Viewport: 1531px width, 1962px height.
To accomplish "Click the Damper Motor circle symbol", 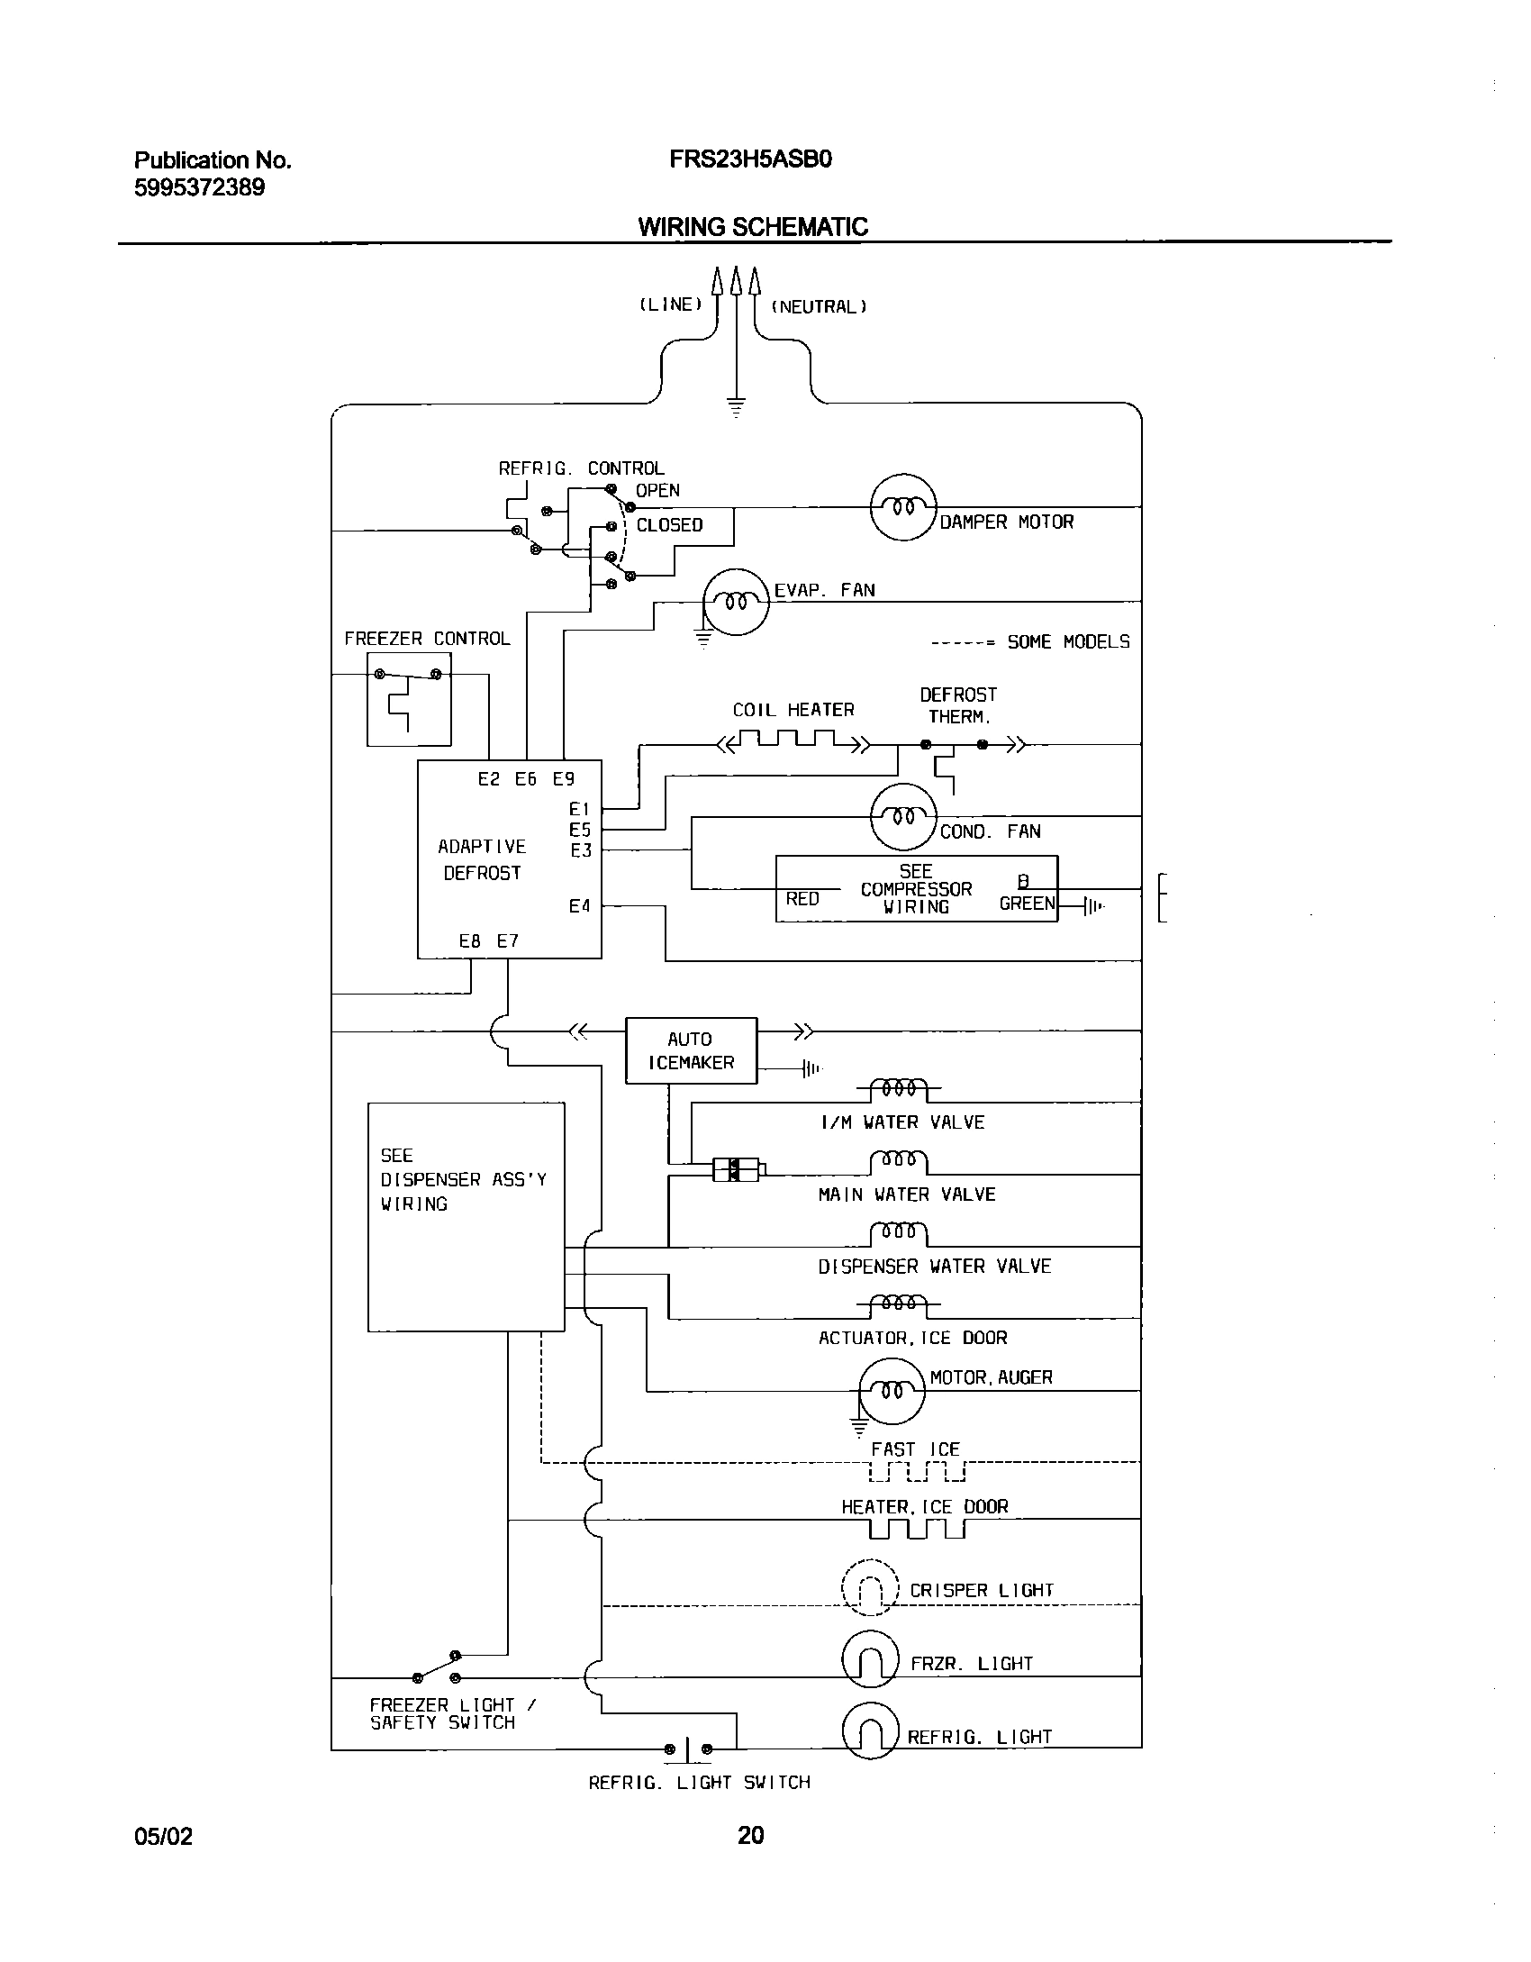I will click(x=903, y=507).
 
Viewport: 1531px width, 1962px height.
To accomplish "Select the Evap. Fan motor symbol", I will click(x=736, y=602).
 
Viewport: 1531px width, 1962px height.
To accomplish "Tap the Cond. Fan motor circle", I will click(x=903, y=817).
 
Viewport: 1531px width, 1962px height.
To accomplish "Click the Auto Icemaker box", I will click(x=691, y=1050).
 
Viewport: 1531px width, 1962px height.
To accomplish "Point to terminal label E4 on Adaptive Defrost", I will click(x=579, y=906).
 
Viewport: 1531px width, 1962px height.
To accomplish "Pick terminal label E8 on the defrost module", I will click(x=469, y=941).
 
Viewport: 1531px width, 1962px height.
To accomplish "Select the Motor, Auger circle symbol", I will click(x=892, y=1390).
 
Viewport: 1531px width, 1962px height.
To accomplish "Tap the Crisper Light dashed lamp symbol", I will click(x=870, y=1589).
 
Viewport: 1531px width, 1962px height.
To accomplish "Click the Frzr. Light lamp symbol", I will click(x=870, y=1660).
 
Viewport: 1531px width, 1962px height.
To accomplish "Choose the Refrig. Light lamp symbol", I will click(x=870, y=1730).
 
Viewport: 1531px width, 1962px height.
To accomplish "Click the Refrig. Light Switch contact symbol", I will click(x=687, y=1749).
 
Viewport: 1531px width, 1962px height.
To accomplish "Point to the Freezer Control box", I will click(x=409, y=699).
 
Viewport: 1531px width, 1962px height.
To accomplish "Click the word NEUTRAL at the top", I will click(x=819, y=307).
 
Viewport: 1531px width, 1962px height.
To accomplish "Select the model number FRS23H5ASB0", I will click(x=750, y=159).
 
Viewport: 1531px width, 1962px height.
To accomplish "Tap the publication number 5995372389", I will click(x=199, y=188).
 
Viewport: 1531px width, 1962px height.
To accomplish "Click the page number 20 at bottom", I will click(x=750, y=1835).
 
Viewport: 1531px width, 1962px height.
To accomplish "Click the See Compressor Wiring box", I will click(x=916, y=889).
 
